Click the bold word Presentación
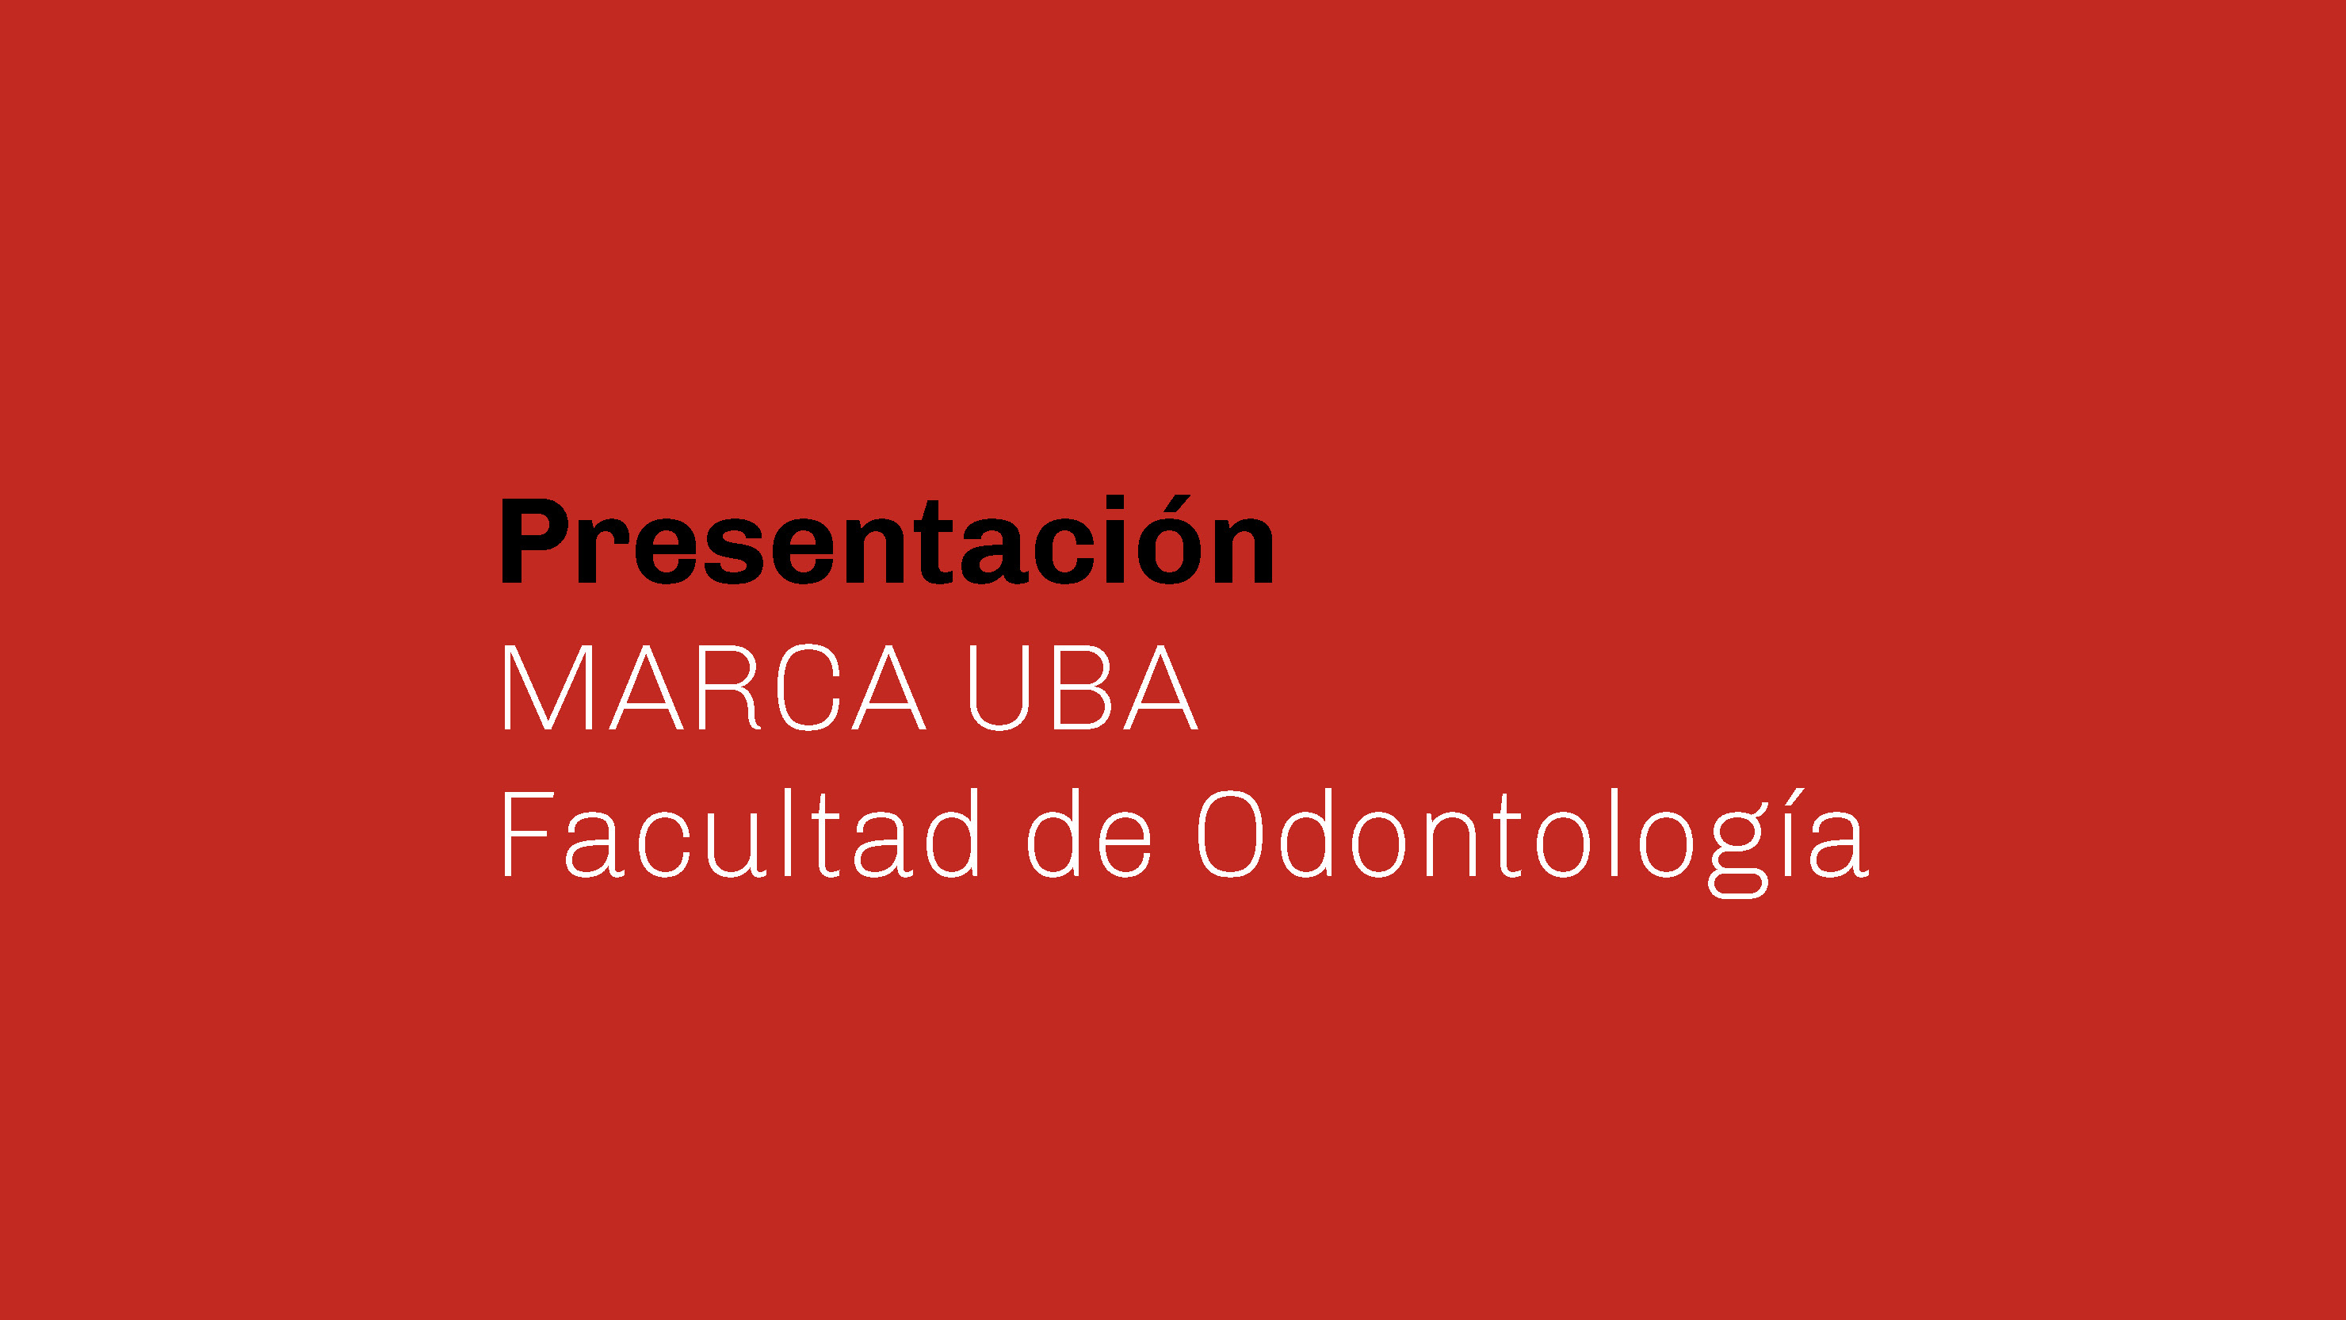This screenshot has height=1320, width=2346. point(887,540)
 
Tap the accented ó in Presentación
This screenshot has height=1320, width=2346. point(1168,540)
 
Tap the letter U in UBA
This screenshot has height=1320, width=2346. point(999,689)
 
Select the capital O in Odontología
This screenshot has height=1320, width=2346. point(1230,836)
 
